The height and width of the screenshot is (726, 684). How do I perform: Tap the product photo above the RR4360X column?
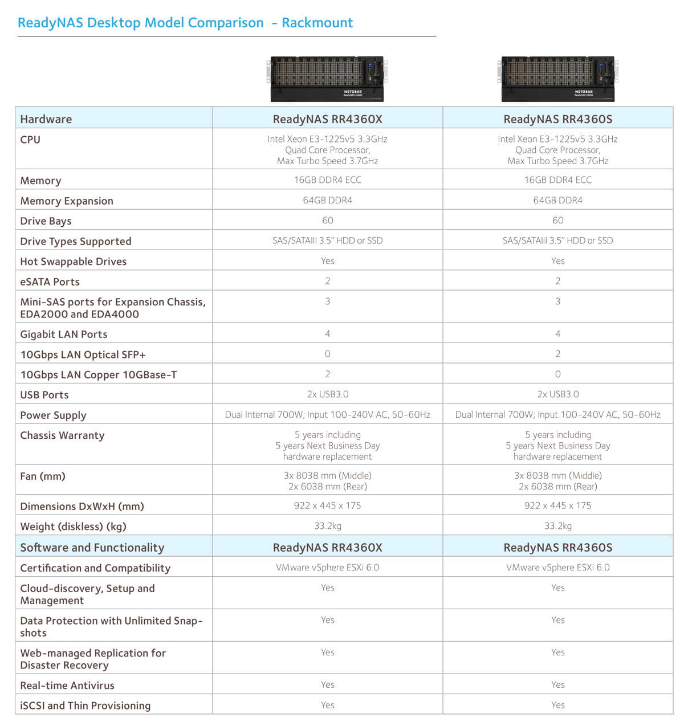327,79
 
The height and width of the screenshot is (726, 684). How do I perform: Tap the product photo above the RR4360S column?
558,79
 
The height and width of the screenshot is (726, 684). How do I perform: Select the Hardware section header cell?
46,119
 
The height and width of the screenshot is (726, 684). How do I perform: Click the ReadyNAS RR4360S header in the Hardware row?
557,119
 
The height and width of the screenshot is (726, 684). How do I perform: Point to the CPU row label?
30,140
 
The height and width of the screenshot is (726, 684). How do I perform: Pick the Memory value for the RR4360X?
327,180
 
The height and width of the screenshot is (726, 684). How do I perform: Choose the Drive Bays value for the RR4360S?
557,221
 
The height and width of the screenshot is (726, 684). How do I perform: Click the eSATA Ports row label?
50,282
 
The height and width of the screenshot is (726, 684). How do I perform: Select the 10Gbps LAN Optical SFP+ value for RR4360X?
327,354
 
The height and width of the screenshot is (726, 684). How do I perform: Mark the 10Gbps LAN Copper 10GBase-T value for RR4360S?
557,374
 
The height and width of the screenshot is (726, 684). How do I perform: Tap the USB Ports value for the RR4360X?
327,394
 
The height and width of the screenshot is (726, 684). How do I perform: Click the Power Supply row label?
53,415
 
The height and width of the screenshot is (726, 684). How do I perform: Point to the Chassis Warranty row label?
62,435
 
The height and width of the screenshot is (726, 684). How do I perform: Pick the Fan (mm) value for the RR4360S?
557,481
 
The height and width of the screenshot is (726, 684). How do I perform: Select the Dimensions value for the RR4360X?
327,505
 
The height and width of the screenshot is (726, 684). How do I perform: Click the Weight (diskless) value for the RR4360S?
557,526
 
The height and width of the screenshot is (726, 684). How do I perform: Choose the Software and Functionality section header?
92,548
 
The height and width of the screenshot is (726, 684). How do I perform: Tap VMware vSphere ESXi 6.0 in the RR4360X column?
327,568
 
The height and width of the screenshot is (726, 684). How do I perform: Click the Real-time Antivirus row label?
67,686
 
